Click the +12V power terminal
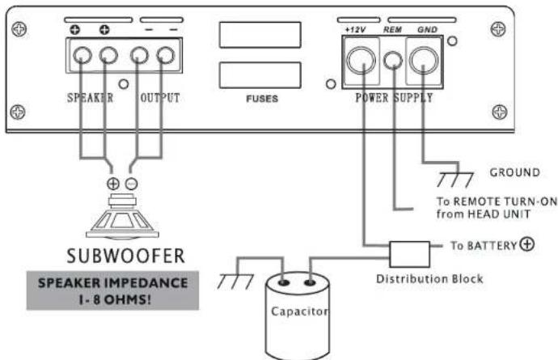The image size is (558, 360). tap(361, 60)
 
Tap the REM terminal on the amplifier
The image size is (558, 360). tap(393, 61)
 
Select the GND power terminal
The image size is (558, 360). tap(424, 60)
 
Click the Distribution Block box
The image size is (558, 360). tap(409, 254)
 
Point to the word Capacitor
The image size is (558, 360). tap(299, 311)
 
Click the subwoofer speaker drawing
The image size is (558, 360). tap(122, 216)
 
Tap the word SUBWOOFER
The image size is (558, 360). tap(125, 256)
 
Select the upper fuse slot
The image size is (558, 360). tap(260, 35)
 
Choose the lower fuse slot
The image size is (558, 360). tap(260, 75)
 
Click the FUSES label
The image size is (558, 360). tap(262, 99)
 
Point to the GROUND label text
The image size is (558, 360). tap(514, 172)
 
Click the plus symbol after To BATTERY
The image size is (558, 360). tap(527, 244)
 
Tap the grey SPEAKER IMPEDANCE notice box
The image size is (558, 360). tap(112, 290)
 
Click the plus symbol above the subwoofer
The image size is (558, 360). tap(113, 184)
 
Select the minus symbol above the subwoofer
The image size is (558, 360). tap(131, 184)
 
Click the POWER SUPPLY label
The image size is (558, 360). tap(394, 98)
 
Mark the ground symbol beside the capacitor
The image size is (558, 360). tap(235, 282)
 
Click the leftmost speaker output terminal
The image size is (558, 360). tap(82, 55)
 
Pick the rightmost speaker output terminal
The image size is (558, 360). tap(166, 55)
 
